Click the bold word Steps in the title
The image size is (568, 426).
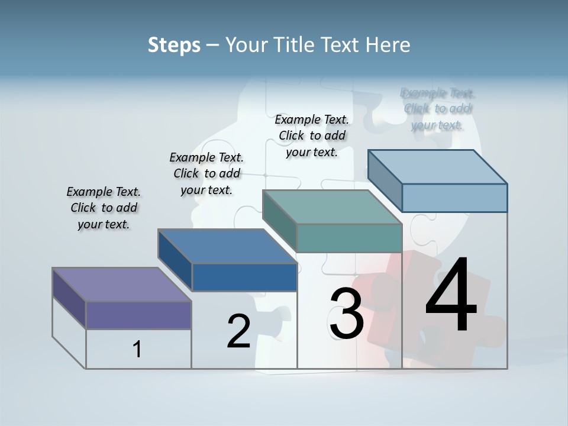tap(174, 45)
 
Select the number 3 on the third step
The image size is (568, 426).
tap(346, 314)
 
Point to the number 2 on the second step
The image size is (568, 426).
tap(238, 331)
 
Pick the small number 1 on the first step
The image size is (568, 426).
tap(137, 349)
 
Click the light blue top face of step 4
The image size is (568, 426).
tap(438, 166)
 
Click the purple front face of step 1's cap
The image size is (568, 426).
tap(138, 315)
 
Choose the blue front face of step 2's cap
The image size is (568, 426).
tap(244, 277)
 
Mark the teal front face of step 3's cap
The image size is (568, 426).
tap(349, 238)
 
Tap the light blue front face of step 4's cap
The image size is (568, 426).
tap(454, 198)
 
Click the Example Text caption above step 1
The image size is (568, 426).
tap(104, 208)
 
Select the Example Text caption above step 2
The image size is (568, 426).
tap(206, 173)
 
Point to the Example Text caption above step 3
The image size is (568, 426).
tap(312, 135)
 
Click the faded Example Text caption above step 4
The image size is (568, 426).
tap(437, 109)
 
